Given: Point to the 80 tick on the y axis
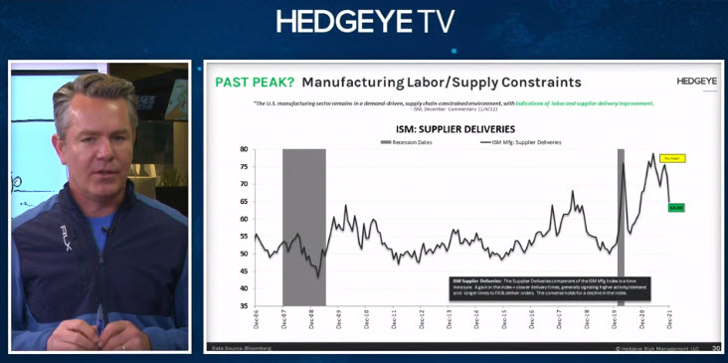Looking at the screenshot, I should (243, 149).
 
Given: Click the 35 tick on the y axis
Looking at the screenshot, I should (243, 306).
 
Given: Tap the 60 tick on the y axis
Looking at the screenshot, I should (243, 219).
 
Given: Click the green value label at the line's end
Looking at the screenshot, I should (676, 207).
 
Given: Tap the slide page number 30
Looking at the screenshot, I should (715, 348).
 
